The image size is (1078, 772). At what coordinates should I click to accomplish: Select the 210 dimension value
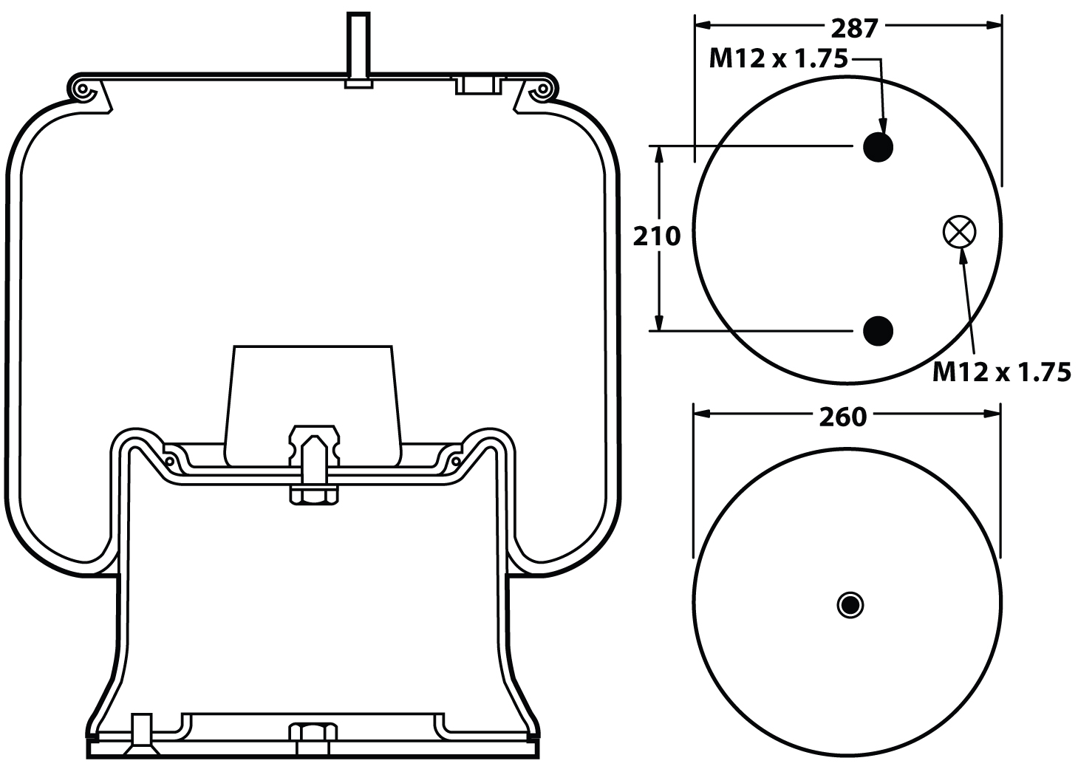(656, 236)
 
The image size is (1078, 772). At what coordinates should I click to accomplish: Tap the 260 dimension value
(842, 417)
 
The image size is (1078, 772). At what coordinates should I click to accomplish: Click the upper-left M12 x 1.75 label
(777, 59)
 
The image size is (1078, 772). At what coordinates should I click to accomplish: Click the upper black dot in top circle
(879, 147)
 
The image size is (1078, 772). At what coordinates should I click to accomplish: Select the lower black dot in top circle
(879, 330)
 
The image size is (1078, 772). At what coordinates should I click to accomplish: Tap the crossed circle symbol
(959, 232)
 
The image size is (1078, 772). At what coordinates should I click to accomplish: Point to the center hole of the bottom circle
(850, 605)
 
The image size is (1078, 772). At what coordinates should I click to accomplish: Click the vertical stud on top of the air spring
(358, 44)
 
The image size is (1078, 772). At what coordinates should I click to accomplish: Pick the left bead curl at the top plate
(83, 91)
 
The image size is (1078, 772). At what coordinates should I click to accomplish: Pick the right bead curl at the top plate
(543, 91)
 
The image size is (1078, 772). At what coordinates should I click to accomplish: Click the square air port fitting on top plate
(477, 85)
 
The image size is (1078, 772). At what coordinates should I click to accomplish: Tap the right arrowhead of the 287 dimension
(995, 24)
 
